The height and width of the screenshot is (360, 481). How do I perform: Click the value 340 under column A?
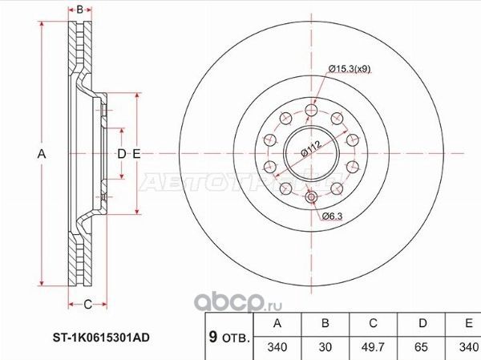point(277,349)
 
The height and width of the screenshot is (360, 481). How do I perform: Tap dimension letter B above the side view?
point(79,10)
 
